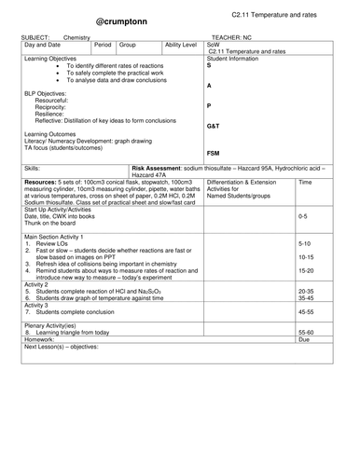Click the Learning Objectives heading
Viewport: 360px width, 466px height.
click(x=52, y=83)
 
